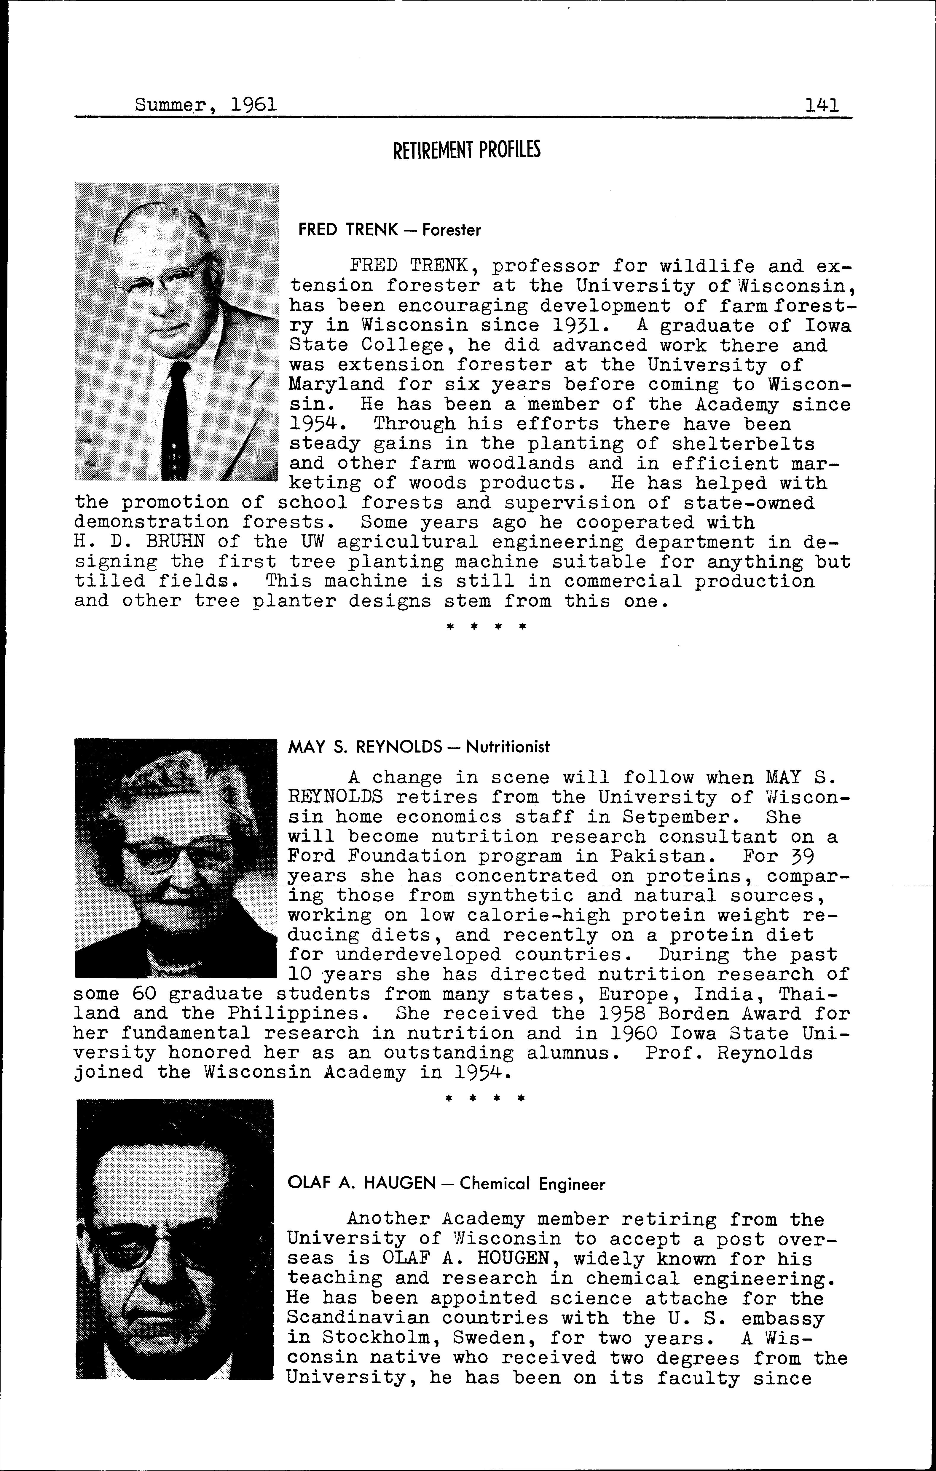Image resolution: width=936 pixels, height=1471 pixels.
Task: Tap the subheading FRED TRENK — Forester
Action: [389, 230]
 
